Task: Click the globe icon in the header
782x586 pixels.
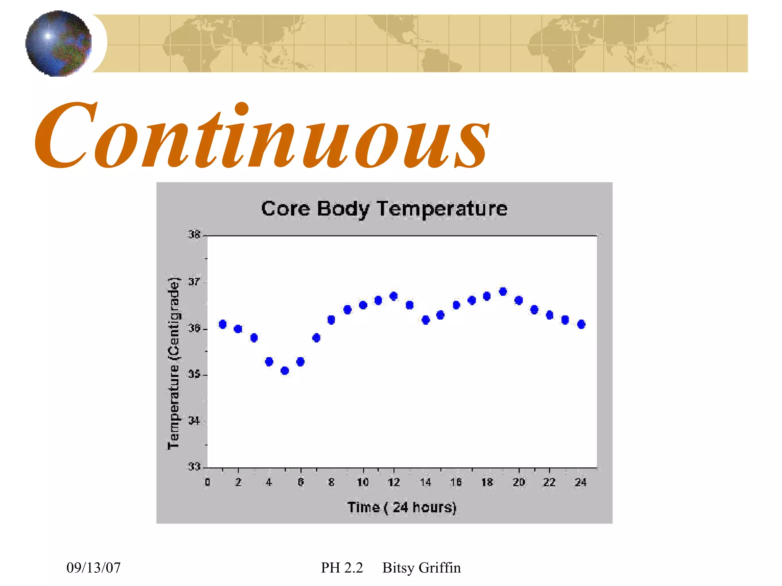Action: point(58,43)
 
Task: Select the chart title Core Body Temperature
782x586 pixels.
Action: point(384,209)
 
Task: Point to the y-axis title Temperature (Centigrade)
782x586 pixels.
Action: point(174,363)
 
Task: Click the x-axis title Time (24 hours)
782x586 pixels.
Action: point(402,507)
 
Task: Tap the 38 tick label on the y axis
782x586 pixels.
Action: point(194,235)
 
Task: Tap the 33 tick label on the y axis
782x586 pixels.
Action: point(194,467)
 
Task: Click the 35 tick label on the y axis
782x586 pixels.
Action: point(194,374)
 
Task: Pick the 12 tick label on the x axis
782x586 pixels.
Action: point(394,483)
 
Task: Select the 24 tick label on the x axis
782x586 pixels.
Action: point(580,483)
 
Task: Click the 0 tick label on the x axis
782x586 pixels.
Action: point(207,483)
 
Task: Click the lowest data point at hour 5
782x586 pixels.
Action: point(285,370)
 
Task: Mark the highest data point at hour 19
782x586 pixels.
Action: point(503,291)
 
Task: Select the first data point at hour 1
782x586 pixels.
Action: point(223,324)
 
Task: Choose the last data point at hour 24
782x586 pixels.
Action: point(581,324)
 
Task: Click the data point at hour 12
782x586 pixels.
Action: point(394,296)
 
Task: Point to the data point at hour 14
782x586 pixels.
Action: point(426,320)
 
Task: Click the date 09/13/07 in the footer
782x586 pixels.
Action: point(94,568)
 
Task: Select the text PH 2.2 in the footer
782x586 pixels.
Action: point(342,568)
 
